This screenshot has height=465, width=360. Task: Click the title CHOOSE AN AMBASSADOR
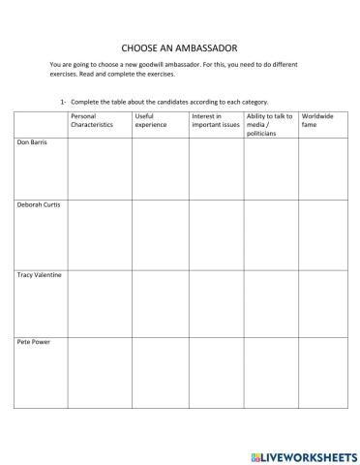tap(180, 46)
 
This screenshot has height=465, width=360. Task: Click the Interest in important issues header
tap(214, 120)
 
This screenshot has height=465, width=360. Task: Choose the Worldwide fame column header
tap(318, 120)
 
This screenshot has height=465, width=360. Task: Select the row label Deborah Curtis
tap(39, 205)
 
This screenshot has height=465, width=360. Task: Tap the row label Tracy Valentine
tap(40, 275)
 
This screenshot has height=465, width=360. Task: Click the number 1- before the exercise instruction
tap(64, 102)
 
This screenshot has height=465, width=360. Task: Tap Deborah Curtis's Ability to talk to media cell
tap(271, 232)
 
